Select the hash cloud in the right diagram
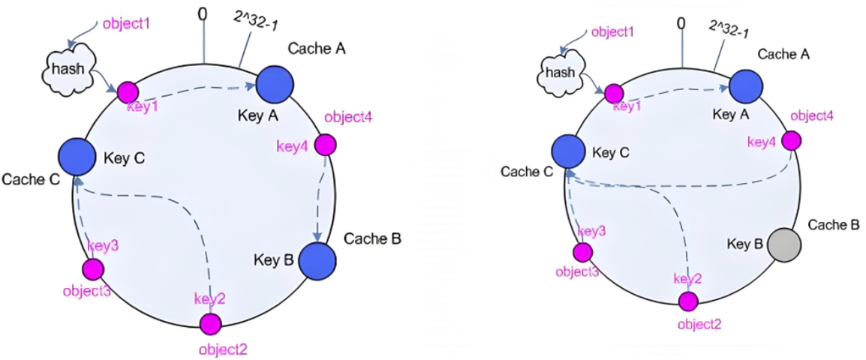[x=563, y=72]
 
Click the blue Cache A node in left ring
[x=273, y=84]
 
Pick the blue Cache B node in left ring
[x=317, y=259]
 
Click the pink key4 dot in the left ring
[x=325, y=145]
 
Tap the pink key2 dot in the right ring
[x=688, y=301]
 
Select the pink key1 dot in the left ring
[x=127, y=91]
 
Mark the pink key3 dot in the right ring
[x=582, y=252]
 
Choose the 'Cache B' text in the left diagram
[x=371, y=240]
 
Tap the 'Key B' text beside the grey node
[x=746, y=242]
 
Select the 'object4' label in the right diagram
[x=811, y=115]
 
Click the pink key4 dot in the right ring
[x=792, y=141]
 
